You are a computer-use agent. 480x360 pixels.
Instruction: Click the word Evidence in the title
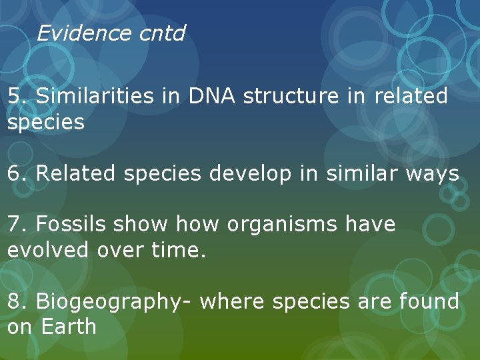[x=75, y=33]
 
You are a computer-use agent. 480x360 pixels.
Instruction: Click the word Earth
[x=69, y=327]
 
